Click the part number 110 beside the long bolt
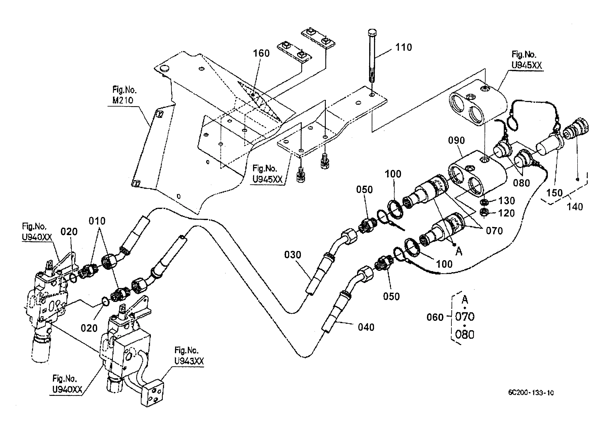(x=403, y=47)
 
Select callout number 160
(x=261, y=53)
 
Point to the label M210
(x=123, y=100)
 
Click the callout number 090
(x=456, y=140)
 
